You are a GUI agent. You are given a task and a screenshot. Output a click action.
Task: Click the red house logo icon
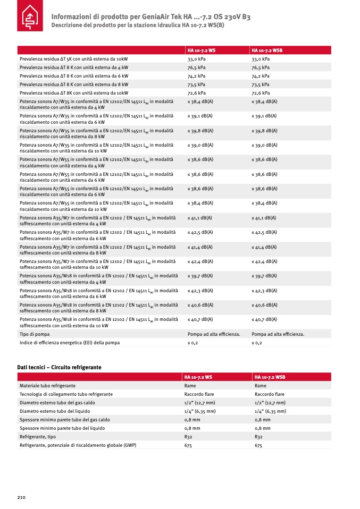pyautogui.click(x=31, y=19)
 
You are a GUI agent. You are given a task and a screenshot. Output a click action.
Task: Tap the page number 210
pyautogui.click(x=21, y=497)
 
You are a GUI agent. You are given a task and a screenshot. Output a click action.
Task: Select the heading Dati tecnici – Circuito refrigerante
pyautogui.click(x=59, y=367)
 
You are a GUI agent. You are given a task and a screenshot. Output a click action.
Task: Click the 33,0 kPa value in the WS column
pyautogui.click(x=196, y=59)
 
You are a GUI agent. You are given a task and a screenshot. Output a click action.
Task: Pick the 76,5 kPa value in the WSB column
pyautogui.click(x=261, y=67)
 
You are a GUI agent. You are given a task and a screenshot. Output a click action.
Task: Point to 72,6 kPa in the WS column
pyautogui.click(x=196, y=93)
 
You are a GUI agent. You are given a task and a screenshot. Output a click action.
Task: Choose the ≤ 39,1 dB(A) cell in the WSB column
pyautogui.click(x=264, y=115)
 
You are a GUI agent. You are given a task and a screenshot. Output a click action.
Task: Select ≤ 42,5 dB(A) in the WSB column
pyautogui.click(x=264, y=232)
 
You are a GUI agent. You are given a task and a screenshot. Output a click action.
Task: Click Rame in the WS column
pyautogui.click(x=190, y=386)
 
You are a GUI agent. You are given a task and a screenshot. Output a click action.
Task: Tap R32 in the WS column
pyautogui.click(x=188, y=437)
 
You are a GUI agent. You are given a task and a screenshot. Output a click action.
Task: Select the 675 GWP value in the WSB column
pyautogui.click(x=258, y=445)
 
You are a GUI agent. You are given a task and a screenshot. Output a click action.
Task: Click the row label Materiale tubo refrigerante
pyautogui.click(x=47, y=386)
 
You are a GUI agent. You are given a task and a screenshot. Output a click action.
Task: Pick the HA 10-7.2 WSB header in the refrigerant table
pyautogui.click(x=270, y=377)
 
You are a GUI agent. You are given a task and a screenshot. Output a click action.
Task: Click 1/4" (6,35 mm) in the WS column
pyautogui.click(x=200, y=411)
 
